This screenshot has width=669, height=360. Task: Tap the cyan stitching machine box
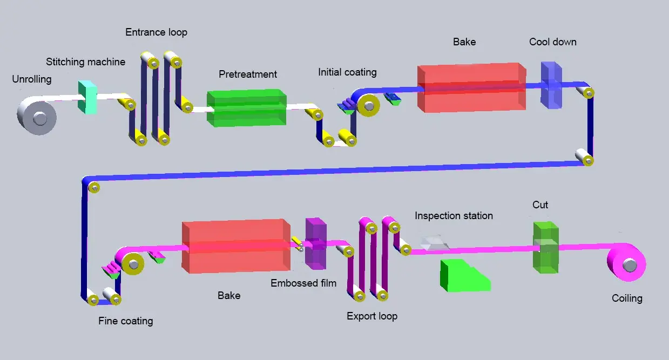tap(87, 97)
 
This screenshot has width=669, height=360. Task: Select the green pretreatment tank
tap(247, 108)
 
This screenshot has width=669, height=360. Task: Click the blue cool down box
tap(551, 86)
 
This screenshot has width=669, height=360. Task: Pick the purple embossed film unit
tap(315, 243)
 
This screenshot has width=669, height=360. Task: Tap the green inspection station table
tap(463, 275)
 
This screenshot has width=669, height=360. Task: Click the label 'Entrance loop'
tap(156, 32)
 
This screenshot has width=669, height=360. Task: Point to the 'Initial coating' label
tap(347, 72)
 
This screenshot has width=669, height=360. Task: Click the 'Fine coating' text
tap(125, 321)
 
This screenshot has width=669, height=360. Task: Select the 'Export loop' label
tap(372, 316)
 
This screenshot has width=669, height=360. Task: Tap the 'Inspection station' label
tap(454, 216)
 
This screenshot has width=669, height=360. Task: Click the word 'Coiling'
tap(627, 298)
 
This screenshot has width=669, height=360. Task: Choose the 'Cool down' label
tap(552, 42)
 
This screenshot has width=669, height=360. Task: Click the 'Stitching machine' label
tap(85, 62)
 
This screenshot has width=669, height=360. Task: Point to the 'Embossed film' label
tap(303, 283)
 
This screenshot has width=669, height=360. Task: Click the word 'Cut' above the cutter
tap(540, 205)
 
